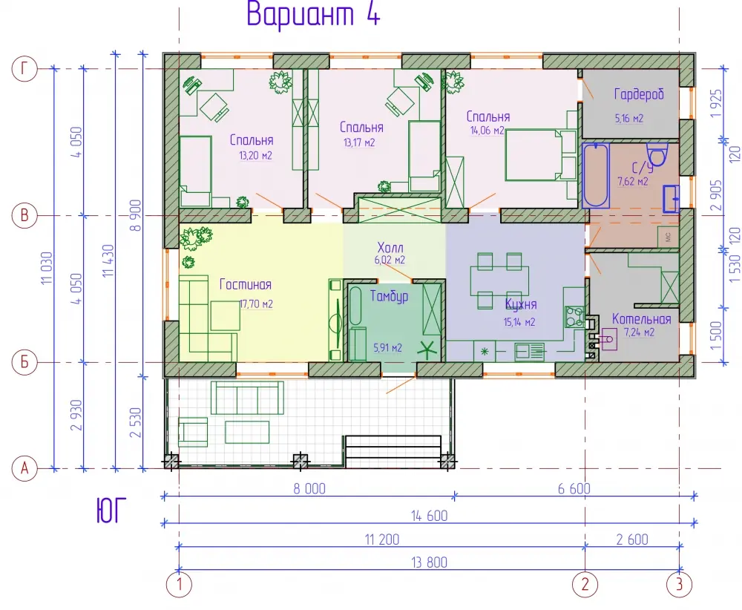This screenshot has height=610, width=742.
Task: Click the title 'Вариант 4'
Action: [x=313, y=13]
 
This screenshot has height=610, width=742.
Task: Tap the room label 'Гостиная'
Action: [x=245, y=284]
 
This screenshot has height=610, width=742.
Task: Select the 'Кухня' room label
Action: [x=521, y=304]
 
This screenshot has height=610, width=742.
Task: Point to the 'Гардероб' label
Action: [x=639, y=94]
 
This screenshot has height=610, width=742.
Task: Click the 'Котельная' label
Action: [x=641, y=318]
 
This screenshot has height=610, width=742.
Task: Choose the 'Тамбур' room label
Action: [x=389, y=296]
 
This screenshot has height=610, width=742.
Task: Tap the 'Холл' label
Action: [x=390, y=247]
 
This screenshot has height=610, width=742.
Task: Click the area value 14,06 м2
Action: [x=487, y=131]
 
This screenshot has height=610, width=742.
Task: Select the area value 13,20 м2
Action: [x=255, y=156]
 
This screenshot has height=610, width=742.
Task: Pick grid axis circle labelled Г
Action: [x=24, y=69]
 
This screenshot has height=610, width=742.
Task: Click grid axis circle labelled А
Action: [x=24, y=468]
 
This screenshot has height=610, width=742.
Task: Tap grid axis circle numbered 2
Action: [x=585, y=585]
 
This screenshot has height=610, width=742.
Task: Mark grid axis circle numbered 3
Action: [x=679, y=585]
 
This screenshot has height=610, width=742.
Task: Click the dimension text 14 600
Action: [x=429, y=516]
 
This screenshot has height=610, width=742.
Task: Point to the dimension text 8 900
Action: [x=135, y=215]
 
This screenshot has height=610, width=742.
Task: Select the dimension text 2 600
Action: [x=632, y=540]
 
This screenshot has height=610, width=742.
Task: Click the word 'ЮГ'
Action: [x=112, y=511]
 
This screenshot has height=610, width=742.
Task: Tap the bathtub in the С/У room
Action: [x=595, y=175]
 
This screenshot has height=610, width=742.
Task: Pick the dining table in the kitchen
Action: [x=499, y=281]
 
